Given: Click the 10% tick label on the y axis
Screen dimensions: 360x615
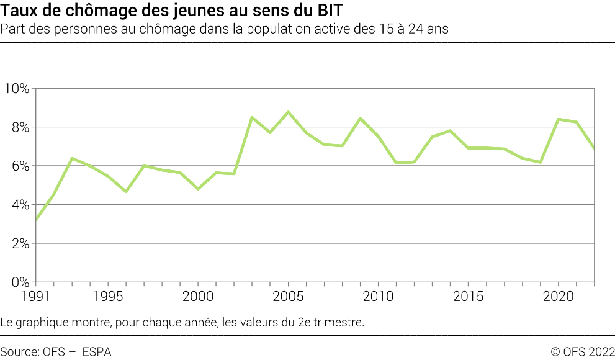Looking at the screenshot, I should click(x=16, y=88).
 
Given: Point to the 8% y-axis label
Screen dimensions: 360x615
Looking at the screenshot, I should click(x=19, y=127).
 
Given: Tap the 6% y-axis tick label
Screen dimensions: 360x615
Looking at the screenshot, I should click(x=19, y=166).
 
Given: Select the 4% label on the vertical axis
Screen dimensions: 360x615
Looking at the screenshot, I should click(x=19, y=205).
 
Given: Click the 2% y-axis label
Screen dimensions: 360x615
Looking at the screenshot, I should click(x=19, y=243).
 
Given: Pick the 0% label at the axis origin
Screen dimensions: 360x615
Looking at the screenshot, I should click(x=19, y=282).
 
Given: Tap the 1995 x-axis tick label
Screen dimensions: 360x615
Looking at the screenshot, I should click(x=108, y=296).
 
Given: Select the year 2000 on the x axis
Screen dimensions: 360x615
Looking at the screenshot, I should click(x=198, y=296).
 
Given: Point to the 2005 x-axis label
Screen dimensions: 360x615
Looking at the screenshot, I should click(x=289, y=296).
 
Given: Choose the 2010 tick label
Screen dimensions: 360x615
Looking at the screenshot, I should click(x=379, y=296).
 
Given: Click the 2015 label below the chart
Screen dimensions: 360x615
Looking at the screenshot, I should click(x=469, y=296).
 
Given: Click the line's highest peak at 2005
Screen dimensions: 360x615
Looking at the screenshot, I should click(x=288, y=112).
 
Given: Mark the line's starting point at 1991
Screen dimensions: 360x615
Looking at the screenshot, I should click(x=36, y=219).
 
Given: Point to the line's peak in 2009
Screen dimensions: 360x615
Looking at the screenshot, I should click(x=360, y=118).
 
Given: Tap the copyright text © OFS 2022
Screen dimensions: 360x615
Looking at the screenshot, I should click(x=582, y=351).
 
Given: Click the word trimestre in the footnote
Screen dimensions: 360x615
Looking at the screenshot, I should click(x=338, y=322).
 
